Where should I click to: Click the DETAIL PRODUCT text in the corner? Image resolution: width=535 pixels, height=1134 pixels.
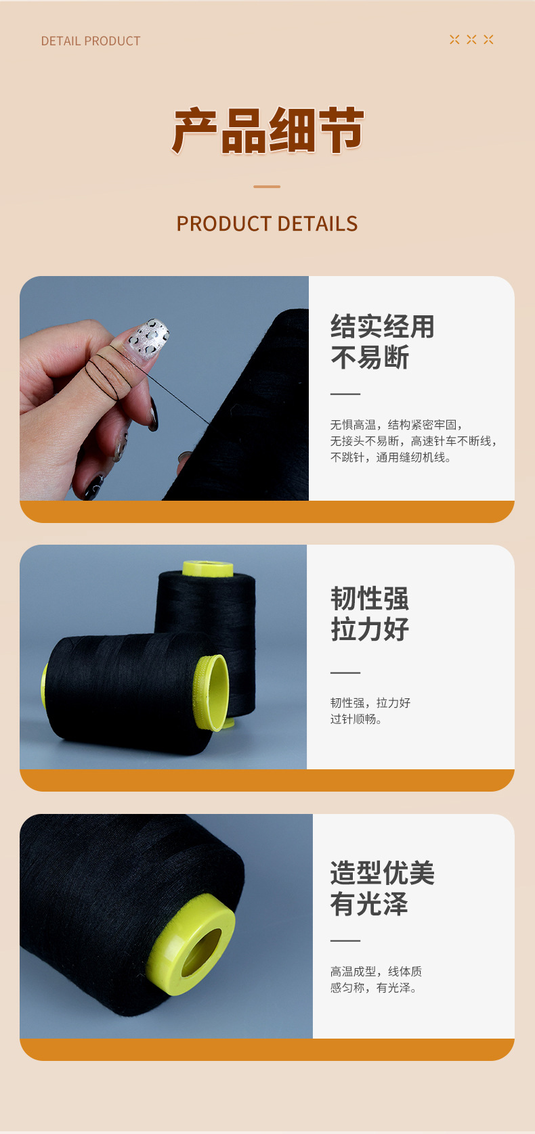(x=91, y=41)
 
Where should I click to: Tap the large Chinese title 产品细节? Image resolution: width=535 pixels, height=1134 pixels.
(x=267, y=131)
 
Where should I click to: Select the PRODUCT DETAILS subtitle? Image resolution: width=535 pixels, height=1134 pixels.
(x=267, y=224)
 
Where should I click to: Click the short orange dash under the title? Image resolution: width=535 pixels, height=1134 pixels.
(x=267, y=187)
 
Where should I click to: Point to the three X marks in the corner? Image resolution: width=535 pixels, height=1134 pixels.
(x=471, y=40)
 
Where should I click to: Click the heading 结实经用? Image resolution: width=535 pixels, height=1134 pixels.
(x=383, y=327)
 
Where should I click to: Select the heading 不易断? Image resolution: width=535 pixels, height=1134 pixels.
(x=370, y=357)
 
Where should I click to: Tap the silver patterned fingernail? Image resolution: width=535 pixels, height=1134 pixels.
(x=148, y=336)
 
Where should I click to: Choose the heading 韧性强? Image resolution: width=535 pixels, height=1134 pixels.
(x=370, y=599)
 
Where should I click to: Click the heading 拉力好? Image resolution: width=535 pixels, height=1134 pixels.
(x=370, y=629)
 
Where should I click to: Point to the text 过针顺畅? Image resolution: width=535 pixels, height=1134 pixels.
(x=356, y=719)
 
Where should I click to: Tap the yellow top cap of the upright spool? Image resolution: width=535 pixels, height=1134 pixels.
(x=208, y=568)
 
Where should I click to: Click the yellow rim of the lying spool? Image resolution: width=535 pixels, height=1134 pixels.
(x=214, y=692)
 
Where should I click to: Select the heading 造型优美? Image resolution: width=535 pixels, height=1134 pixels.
(x=383, y=873)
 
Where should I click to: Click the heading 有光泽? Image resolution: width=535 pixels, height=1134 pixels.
(x=370, y=904)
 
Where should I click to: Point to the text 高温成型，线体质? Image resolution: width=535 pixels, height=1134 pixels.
(x=376, y=972)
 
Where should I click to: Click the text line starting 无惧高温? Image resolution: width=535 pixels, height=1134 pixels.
(x=396, y=425)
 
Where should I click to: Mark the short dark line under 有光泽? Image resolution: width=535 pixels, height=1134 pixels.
(x=345, y=940)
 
